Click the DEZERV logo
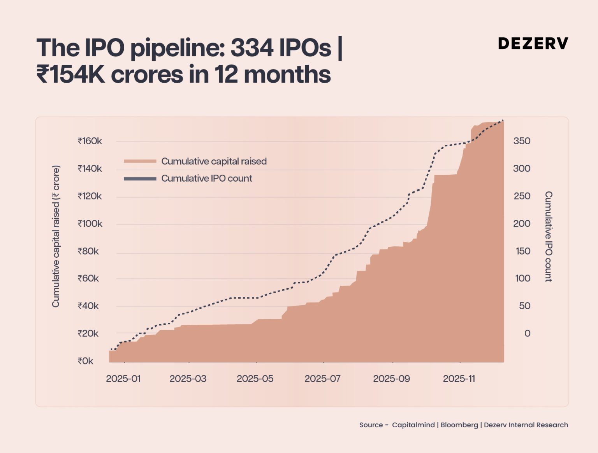[x=533, y=43]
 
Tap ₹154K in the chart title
[x=70, y=74]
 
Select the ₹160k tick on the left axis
[x=90, y=141]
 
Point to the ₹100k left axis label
[x=90, y=224]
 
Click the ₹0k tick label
[x=85, y=361]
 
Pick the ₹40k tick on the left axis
[x=88, y=306]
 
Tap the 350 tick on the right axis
[x=522, y=141]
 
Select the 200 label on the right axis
[x=522, y=224]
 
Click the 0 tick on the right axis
[x=527, y=333]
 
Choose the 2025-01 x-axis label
[x=123, y=379]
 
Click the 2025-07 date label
[x=322, y=379]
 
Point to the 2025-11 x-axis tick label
[x=459, y=379]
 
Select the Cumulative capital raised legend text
[x=214, y=161]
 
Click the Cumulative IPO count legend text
[x=207, y=179]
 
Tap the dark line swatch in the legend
[x=140, y=179]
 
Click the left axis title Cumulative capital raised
[x=56, y=236]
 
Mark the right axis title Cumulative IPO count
[x=548, y=236]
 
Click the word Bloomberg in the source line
[x=459, y=425]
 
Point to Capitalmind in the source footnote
[x=413, y=425]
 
